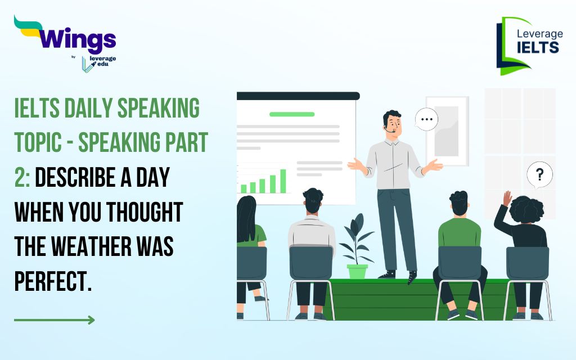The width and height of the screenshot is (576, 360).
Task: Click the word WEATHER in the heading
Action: pyautogui.click(x=91, y=246)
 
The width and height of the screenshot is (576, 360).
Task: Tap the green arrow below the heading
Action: pyautogui.click(x=55, y=320)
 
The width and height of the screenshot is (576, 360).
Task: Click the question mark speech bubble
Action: pyautogui.click(x=539, y=175)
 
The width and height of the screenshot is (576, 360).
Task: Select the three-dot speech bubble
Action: pyautogui.click(x=426, y=119)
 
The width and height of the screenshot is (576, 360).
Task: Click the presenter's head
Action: pyautogui.click(x=392, y=124)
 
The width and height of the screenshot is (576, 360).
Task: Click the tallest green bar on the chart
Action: pyautogui.click(x=283, y=181)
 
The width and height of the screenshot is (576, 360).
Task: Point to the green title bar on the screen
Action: pyautogui.click(x=292, y=114)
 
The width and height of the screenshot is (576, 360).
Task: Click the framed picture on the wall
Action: pyautogui.click(x=447, y=131)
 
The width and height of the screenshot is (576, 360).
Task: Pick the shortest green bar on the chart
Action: pyautogui.click(x=244, y=189)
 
